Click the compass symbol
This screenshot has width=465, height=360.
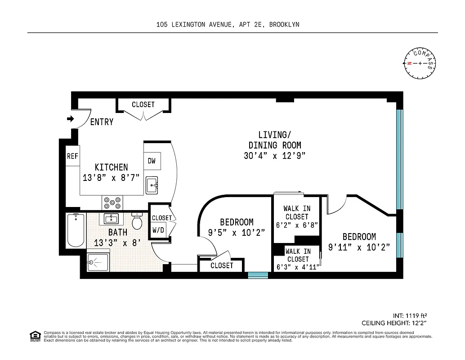(x=420, y=63)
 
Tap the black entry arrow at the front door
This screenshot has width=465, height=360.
(x=70, y=119)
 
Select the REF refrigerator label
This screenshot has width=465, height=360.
(x=72, y=156)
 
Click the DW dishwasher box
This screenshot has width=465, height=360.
(x=152, y=161)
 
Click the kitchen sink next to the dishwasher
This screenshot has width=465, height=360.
(x=152, y=185)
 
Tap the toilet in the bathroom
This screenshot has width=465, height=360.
(x=137, y=221)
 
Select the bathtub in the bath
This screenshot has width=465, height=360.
(x=76, y=230)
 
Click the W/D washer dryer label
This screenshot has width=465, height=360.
(x=158, y=230)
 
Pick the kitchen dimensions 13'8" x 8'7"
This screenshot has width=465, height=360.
(x=111, y=177)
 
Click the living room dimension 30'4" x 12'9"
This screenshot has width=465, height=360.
(x=274, y=156)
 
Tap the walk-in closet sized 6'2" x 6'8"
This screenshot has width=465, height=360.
(x=297, y=217)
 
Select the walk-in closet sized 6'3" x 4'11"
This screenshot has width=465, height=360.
(x=298, y=259)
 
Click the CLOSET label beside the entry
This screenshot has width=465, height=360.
(x=143, y=104)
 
